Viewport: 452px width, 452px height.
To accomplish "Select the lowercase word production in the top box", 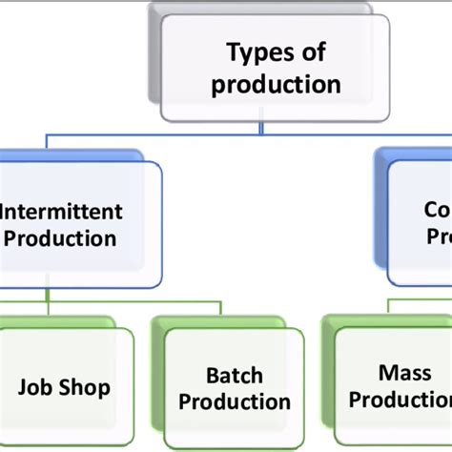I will tap(276, 84).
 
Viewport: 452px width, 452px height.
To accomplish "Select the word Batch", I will tap(235, 375).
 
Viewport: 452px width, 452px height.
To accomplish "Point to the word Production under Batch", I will tap(235, 401).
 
